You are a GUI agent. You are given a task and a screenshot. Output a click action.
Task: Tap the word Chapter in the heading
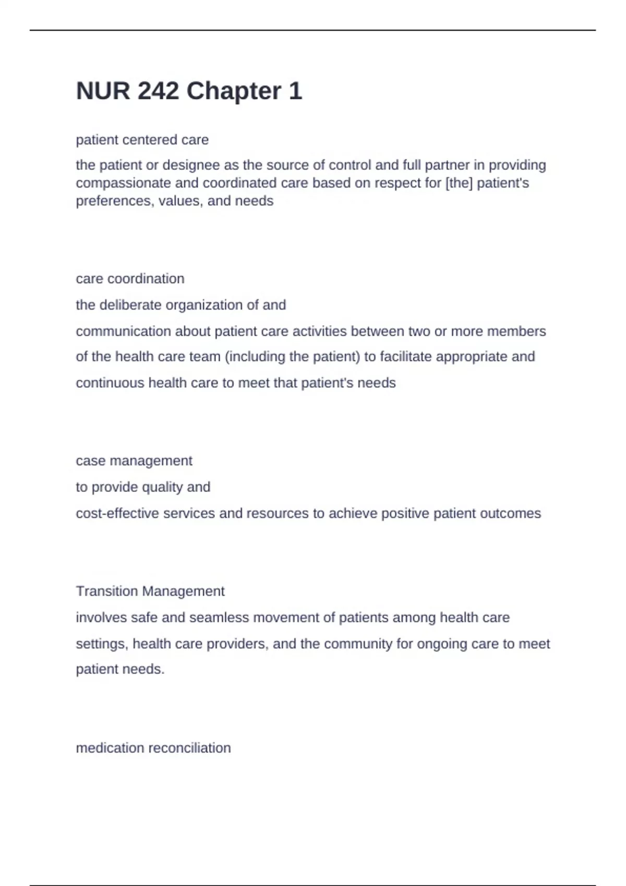pos(234,91)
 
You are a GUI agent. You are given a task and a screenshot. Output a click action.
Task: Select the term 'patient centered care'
pos(142,140)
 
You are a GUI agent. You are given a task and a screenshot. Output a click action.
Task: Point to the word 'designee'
pos(191,165)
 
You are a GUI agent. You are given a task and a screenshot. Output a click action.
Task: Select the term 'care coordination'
pos(130,279)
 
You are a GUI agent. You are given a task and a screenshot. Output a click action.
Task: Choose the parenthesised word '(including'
pos(255,357)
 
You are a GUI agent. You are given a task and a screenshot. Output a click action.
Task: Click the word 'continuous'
pos(110,383)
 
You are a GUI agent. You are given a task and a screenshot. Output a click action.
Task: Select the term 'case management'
pos(134,461)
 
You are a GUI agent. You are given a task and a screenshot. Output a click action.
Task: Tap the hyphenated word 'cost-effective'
pos(117,513)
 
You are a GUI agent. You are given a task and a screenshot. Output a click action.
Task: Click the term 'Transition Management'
pos(150,592)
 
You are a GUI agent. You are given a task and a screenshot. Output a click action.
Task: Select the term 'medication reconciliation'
pos(153,748)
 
